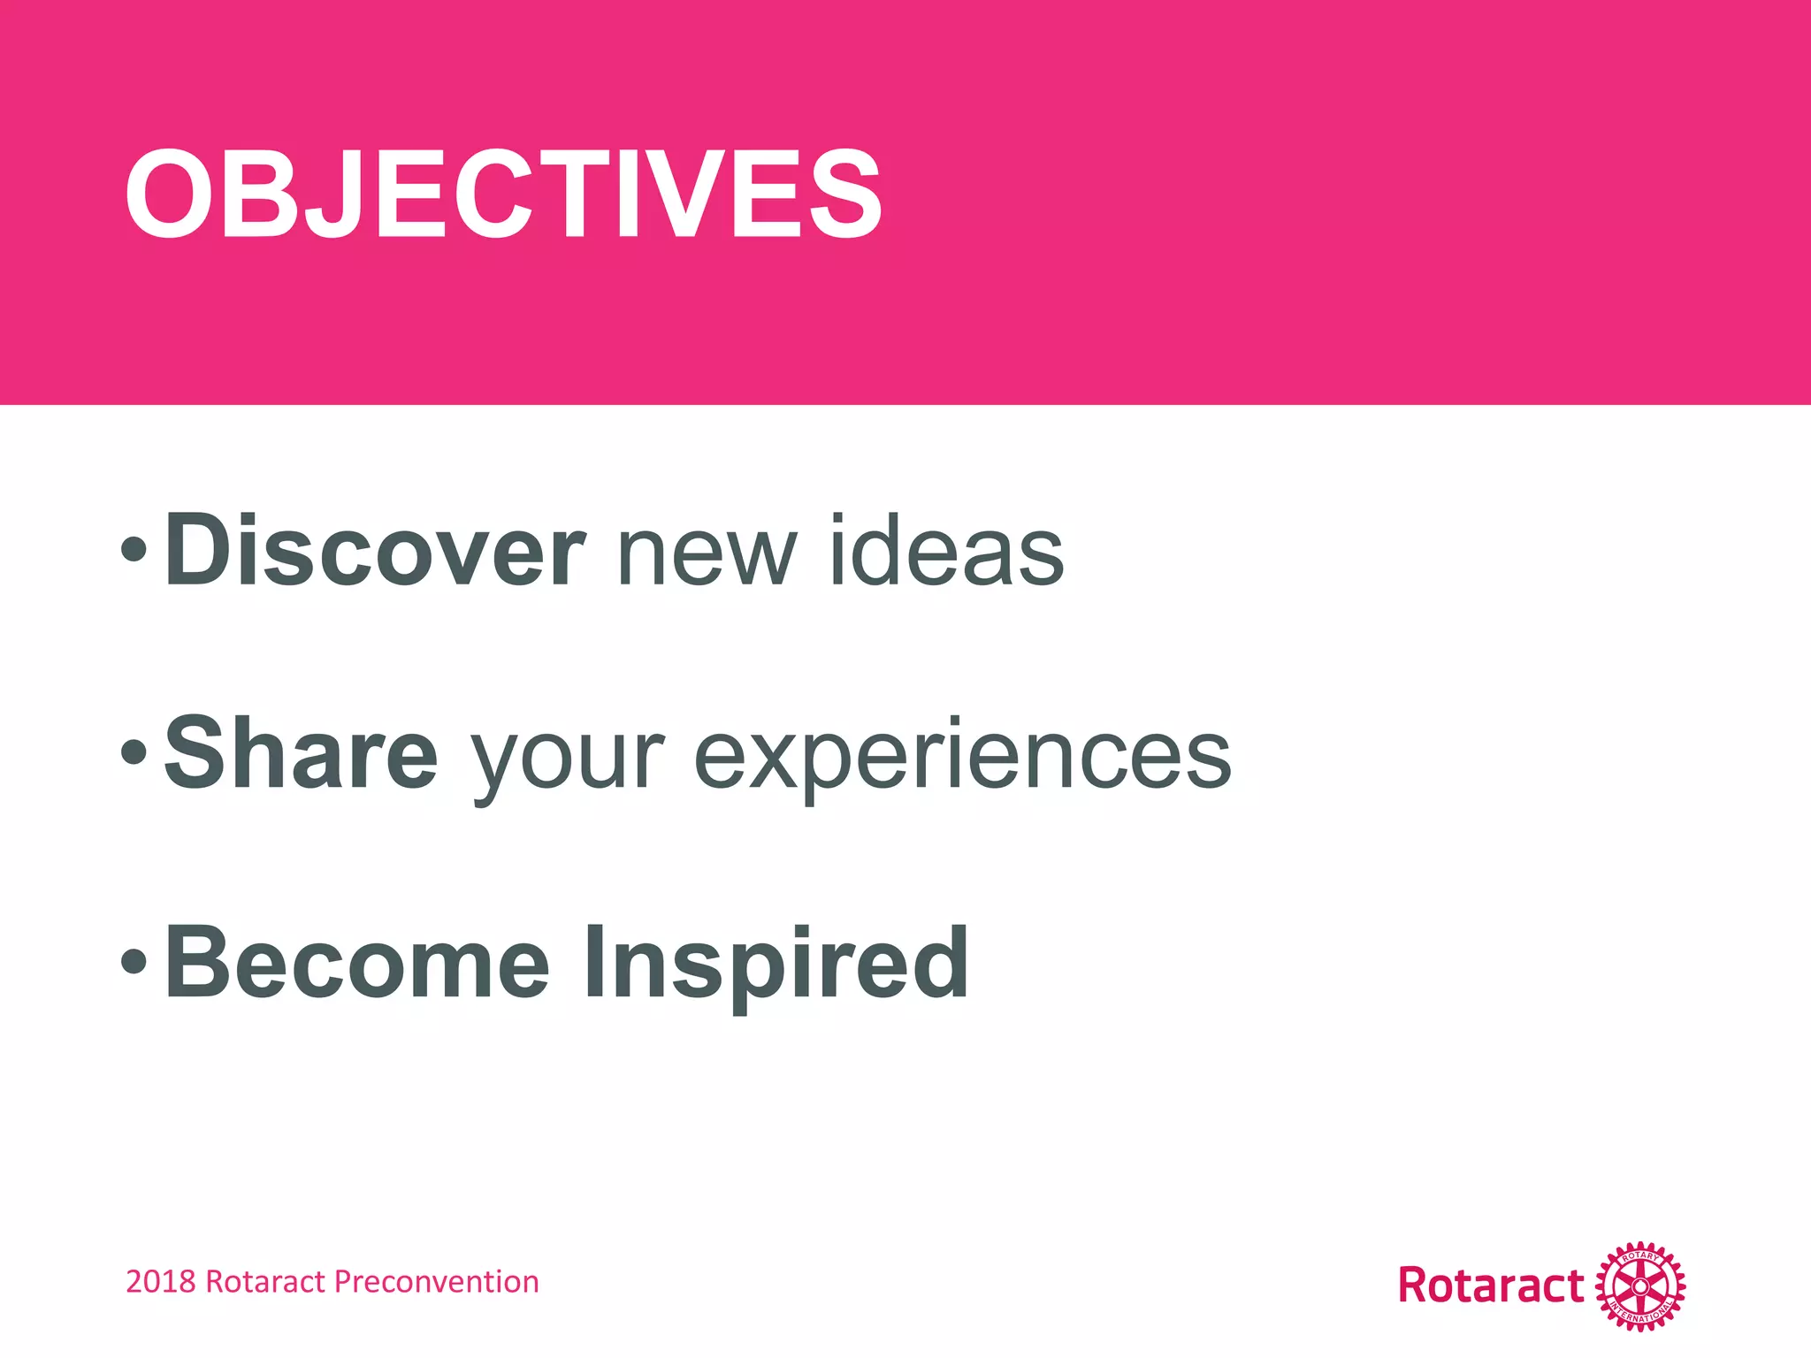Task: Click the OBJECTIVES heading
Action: click(x=503, y=194)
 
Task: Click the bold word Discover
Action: click(x=374, y=551)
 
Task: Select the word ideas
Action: click(x=947, y=551)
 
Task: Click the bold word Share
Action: click(x=302, y=753)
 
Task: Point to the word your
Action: click(x=567, y=760)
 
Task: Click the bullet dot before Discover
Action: click(x=134, y=550)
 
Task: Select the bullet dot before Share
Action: click(x=134, y=752)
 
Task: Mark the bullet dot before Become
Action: click(x=134, y=962)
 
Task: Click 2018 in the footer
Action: click(x=160, y=1282)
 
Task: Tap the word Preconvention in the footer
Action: click(x=437, y=1282)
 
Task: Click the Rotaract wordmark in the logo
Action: click(x=1491, y=1286)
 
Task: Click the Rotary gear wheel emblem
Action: click(x=1639, y=1286)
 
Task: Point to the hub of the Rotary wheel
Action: click(x=1639, y=1286)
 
